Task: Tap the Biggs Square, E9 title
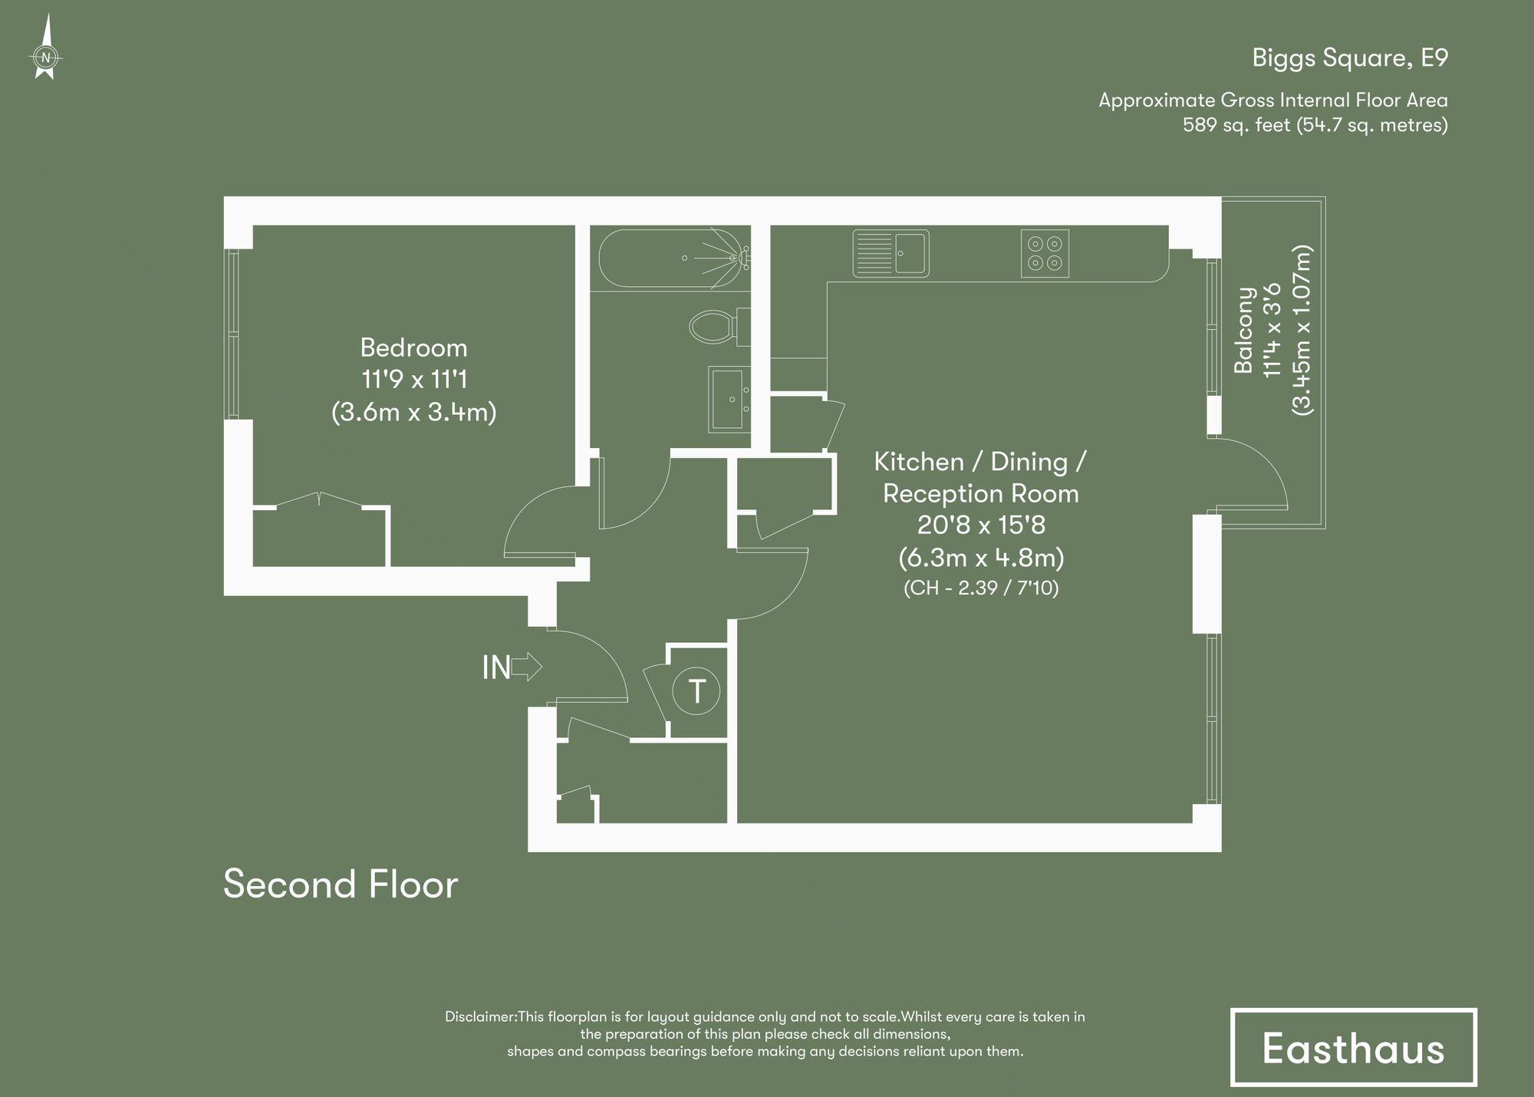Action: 1349,58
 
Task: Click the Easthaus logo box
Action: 1353,1047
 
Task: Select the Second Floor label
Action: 341,884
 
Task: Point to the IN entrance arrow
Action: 526,667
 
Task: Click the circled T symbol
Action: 696,691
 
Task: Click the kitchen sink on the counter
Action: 891,253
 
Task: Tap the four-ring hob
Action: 1045,253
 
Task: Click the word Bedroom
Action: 413,348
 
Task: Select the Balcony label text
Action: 1244,330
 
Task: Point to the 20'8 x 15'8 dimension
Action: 981,525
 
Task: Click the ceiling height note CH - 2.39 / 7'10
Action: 981,588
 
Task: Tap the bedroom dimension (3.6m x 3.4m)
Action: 413,413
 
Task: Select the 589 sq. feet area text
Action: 1236,125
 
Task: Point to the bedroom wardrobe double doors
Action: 319,499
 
